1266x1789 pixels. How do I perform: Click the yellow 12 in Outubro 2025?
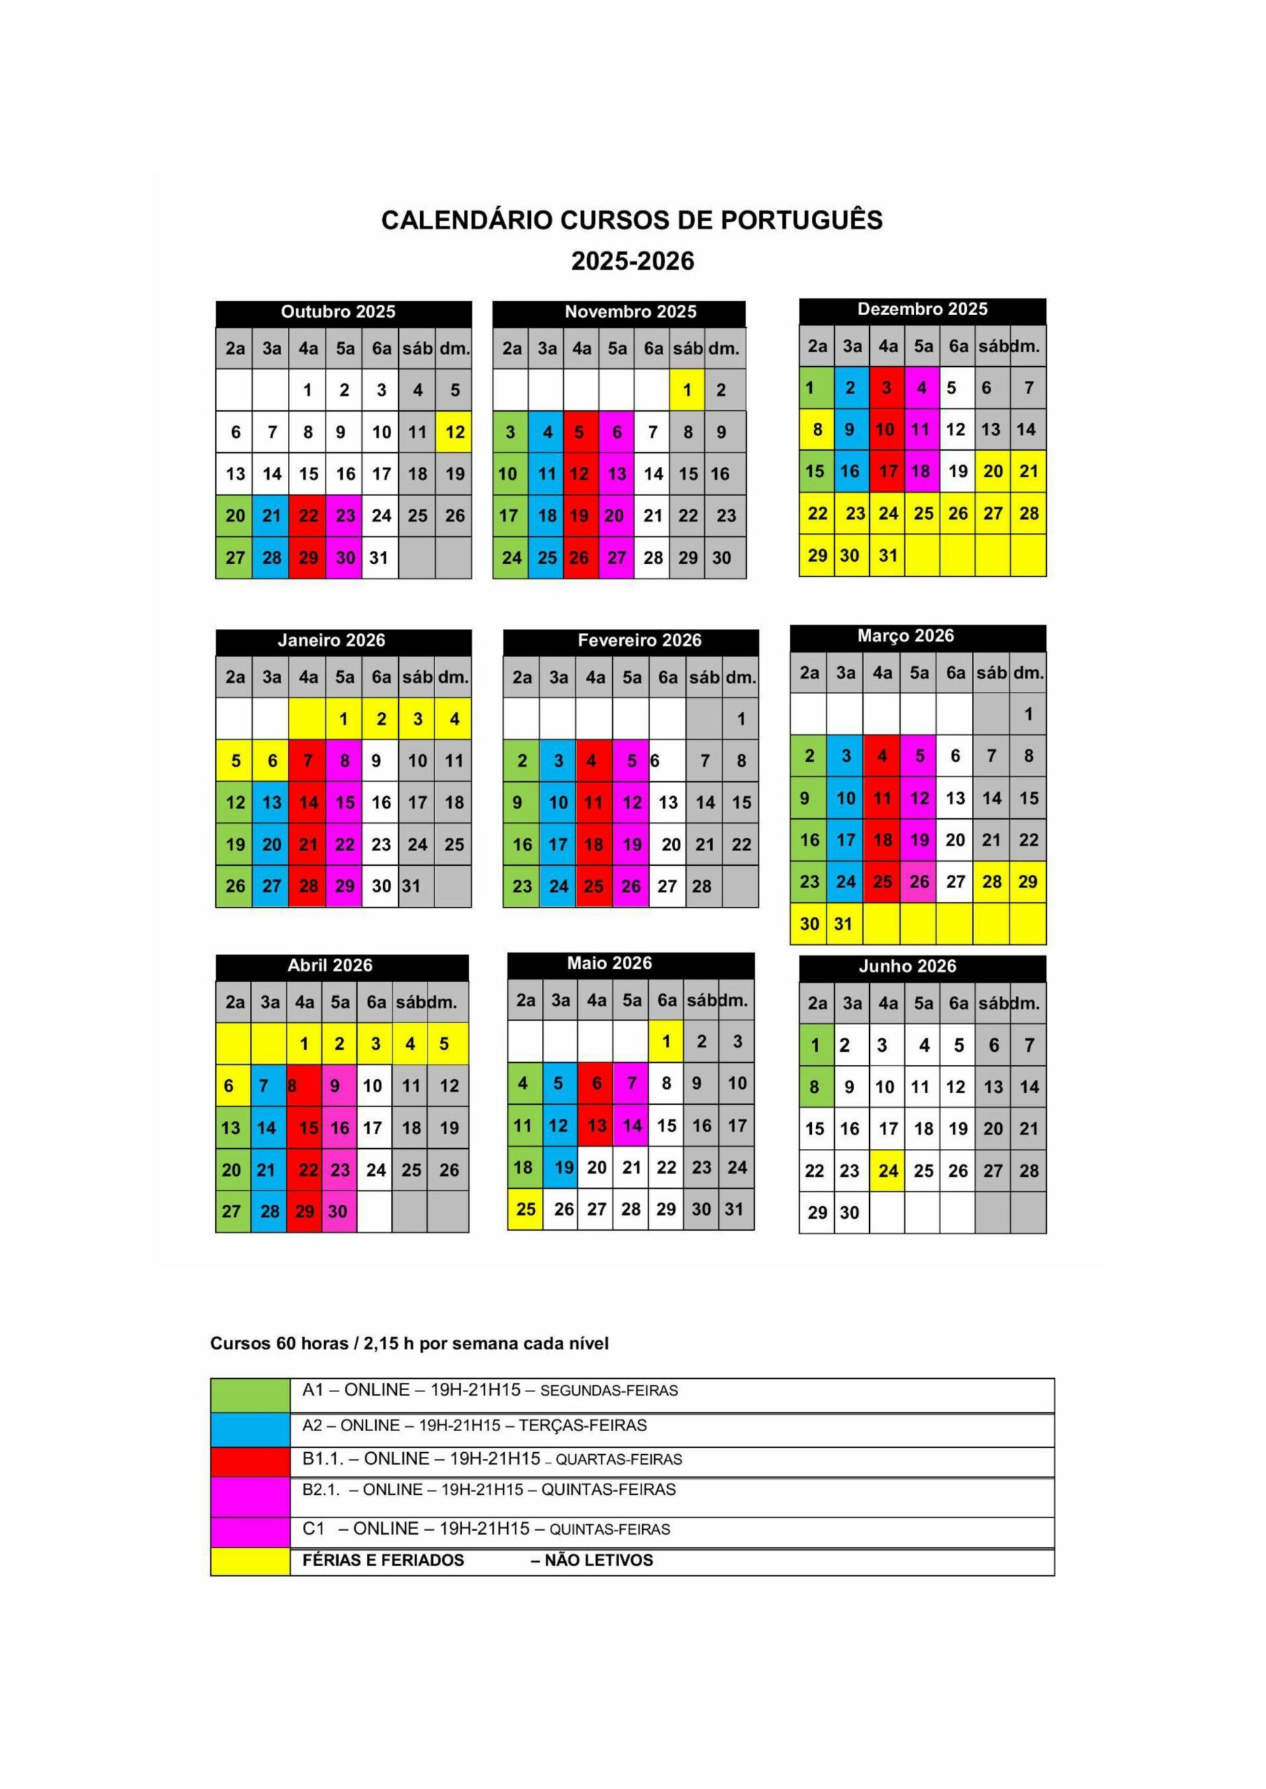click(454, 432)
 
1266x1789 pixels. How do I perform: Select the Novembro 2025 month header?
click(630, 312)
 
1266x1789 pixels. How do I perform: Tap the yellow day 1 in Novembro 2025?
click(687, 390)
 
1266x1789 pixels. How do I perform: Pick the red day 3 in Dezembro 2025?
click(887, 387)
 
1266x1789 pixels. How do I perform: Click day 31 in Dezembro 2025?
click(888, 556)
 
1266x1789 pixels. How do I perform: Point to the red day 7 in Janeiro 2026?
click(308, 761)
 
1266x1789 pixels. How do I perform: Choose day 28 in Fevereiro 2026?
click(701, 886)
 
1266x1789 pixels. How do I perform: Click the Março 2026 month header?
click(905, 636)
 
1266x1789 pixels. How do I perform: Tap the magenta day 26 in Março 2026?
click(919, 882)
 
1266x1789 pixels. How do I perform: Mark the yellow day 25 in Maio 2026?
click(525, 1209)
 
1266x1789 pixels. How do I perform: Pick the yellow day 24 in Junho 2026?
click(888, 1171)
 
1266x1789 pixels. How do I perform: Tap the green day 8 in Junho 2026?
click(815, 1087)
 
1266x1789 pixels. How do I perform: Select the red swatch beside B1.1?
click(249, 1461)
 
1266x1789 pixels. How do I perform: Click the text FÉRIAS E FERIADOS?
click(383, 1560)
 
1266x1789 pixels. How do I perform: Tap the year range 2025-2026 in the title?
click(632, 261)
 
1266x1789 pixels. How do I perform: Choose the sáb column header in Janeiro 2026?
click(417, 677)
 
